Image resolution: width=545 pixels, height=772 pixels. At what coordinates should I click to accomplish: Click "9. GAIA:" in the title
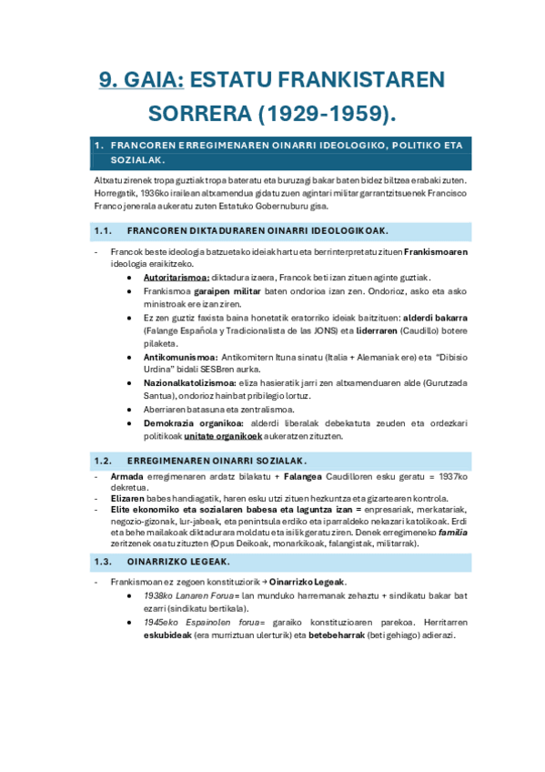pos(141,80)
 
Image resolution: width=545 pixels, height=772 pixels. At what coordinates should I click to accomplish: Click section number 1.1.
pos(102,230)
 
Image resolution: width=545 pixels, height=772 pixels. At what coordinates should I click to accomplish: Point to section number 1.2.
pos(102,460)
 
